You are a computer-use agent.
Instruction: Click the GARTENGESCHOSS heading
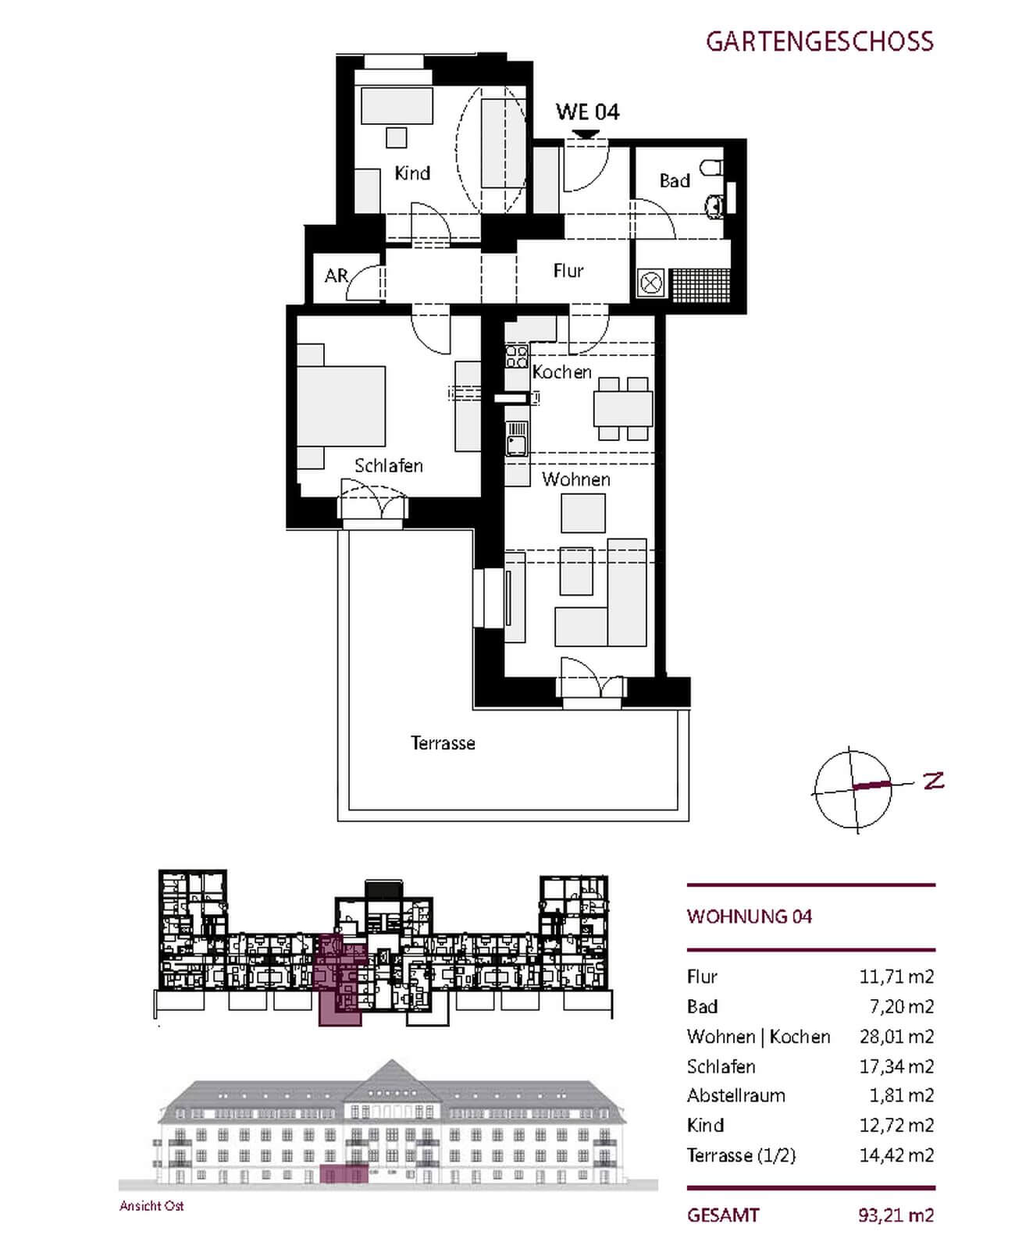coord(819,41)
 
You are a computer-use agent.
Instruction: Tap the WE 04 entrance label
coord(587,112)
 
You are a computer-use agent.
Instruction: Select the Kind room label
coord(412,173)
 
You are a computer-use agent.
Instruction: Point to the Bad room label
coord(675,181)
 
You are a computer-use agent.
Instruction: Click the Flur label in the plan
coord(568,271)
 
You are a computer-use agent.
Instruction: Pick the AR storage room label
coord(336,276)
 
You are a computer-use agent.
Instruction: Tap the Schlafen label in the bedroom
coord(389,466)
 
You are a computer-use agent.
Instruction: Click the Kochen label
coord(562,372)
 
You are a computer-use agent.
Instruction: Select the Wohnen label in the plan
coord(576,479)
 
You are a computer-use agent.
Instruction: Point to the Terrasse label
coord(443,743)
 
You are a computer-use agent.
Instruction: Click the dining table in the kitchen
coord(623,408)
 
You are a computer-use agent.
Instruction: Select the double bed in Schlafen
coord(341,406)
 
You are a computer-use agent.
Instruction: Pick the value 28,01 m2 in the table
coord(896,1037)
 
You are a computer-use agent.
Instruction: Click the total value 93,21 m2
coord(896,1215)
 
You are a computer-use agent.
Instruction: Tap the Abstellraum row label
coord(736,1095)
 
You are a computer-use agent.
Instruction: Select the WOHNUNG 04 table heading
coord(750,916)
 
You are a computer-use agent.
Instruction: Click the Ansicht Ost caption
coord(151,1206)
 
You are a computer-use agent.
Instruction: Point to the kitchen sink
coord(516,439)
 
